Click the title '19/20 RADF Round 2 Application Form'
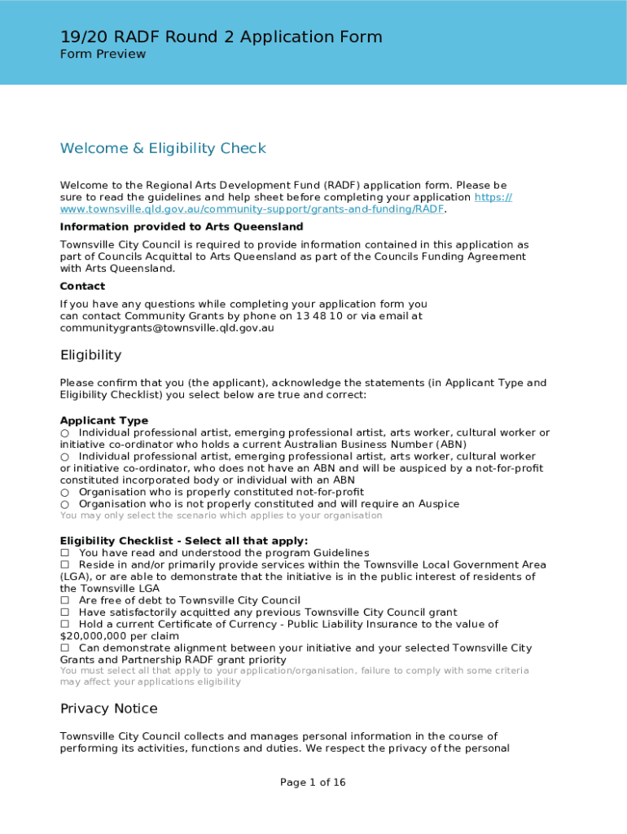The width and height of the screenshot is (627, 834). click(221, 37)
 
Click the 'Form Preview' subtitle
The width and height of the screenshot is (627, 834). click(103, 55)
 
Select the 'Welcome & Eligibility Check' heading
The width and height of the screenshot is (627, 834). click(163, 148)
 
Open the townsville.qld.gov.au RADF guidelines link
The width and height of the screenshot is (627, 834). click(252, 209)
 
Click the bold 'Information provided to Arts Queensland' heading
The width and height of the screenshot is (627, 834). click(181, 227)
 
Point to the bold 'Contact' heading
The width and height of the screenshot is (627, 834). click(82, 287)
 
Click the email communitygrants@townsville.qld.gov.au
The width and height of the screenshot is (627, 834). click(167, 328)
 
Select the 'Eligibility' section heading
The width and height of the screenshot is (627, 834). click(90, 355)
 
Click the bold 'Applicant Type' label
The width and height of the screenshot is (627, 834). click(104, 421)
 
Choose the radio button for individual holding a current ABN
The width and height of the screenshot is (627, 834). click(64, 433)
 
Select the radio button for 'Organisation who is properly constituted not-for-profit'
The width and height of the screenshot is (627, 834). click(64, 493)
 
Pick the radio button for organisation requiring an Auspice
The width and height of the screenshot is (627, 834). click(64, 505)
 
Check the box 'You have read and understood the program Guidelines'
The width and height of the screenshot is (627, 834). click(64, 553)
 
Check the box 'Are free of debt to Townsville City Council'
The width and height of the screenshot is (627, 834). click(64, 601)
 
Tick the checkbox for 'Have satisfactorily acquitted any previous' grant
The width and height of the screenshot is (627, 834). click(64, 612)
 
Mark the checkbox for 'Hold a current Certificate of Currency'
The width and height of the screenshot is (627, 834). click(64, 625)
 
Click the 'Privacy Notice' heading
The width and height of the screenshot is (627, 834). click(108, 709)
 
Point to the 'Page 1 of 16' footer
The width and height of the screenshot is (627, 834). click(313, 783)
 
